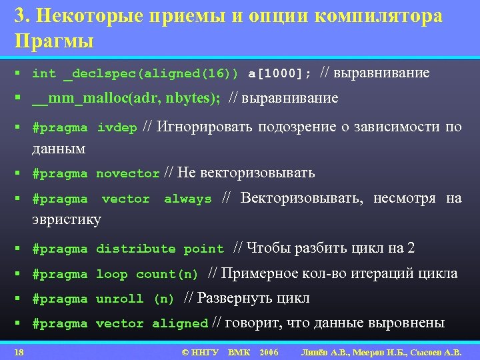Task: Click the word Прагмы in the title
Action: point(54,41)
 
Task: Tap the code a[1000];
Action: point(279,73)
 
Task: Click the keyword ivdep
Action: point(117,127)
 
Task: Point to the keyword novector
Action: point(128,173)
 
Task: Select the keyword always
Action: point(187,199)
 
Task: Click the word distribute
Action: point(135,249)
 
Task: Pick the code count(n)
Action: point(167,274)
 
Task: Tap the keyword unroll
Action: point(119,299)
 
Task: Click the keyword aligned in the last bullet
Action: point(180,323)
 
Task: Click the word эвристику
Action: point(67,219)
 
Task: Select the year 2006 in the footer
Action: point(269,351)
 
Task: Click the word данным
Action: point(59,148)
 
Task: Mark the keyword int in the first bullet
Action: point(44,73)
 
